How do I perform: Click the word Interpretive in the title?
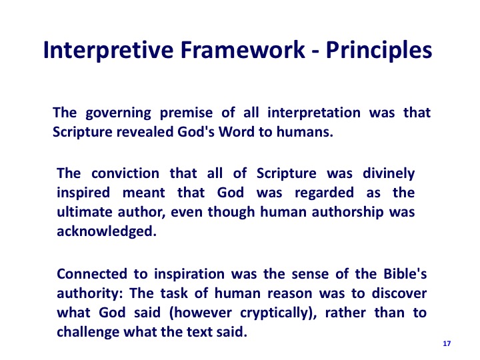point(109,51)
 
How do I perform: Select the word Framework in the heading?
point(243,49)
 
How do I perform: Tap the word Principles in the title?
point(379,51)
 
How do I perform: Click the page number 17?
point(447,344)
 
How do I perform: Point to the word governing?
point(118,113)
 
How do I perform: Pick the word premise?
point(186,113)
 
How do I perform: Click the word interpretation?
point(314,113)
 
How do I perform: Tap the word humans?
point(305,132)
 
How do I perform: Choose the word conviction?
point(125,173)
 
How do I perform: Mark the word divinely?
point(389,174)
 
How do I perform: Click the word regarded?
point(324,193)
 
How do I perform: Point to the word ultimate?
point(85,212)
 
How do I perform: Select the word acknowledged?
point(107,232)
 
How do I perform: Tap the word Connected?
point(92,274)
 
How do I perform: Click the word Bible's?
point(405,274)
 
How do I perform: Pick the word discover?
point(399,293)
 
